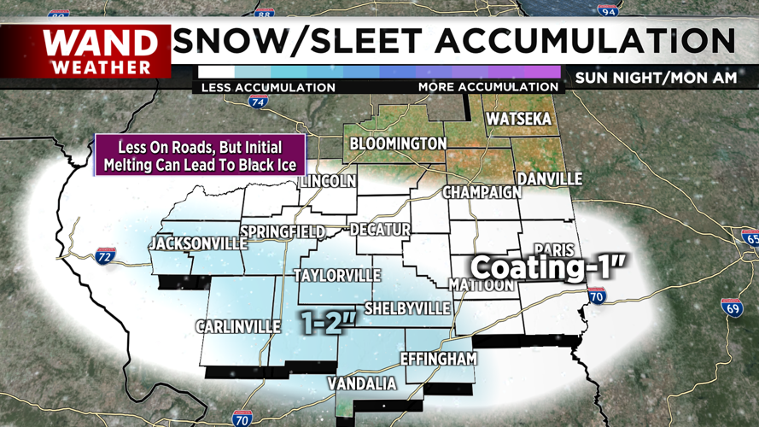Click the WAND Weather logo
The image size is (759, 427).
(x=101, y=51)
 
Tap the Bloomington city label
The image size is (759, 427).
(x=398, y=143)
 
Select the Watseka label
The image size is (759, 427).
(x=518, y=120)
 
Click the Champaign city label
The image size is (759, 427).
(x=482, y=192)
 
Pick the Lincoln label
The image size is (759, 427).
(x=326, y=182)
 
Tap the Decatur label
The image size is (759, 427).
(x=380, y=230)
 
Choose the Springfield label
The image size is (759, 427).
(x=283, y=232)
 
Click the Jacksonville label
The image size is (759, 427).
(x=197, y=244)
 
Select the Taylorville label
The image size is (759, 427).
(x=337, y=276)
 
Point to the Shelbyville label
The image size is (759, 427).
(x=406, y=308)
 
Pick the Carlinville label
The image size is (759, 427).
(x=238, y=326)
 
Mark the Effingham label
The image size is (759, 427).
(x=438, y=359)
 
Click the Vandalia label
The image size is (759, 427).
(x=363, y=384)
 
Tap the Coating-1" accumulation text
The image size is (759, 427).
(x=550, y=267)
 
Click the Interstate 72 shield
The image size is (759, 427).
(x=105, y=255)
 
